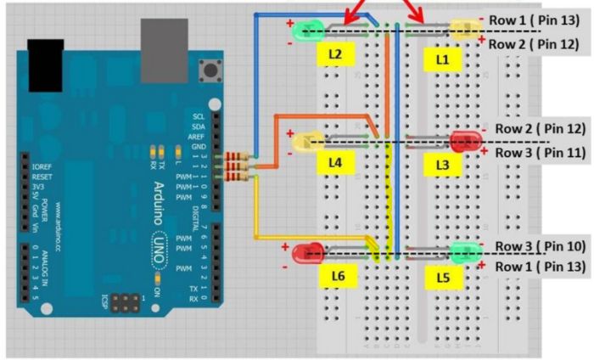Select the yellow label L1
(441, 59)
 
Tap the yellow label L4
(335, 161)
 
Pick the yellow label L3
(441, 163)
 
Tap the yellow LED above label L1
(465, 31)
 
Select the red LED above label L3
(465, 140)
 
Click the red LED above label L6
(308, 252)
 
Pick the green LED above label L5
(464, 251)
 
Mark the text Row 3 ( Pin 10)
(539, 245)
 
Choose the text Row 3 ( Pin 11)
(539, 153)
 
